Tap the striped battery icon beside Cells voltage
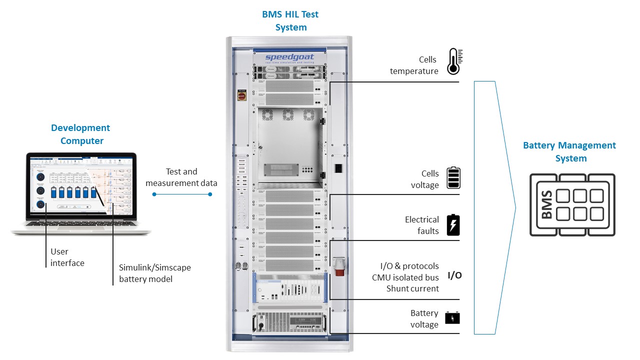pos(453,178)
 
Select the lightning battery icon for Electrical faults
pos(453,225)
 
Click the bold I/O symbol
pos(454,275)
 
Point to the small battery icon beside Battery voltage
pos(452,318)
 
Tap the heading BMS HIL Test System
pos(290,20)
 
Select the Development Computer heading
pos(80,134)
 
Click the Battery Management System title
pos(569,151)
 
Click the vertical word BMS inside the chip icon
pos(546,204)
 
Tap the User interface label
pos(67,257)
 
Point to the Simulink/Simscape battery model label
pos(154,273)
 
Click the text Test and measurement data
pos(181,177)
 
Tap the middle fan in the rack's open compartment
pos(288,115)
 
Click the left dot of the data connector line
pos(154,194)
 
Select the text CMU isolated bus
pos(405,277)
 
